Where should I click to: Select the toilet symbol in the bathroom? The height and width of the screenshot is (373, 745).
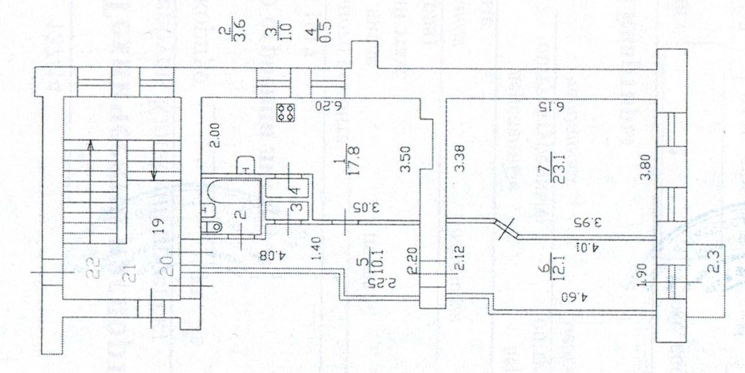click(x=213, y=225)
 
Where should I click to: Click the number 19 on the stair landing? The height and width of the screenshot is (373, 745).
click(x=156, y=225)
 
